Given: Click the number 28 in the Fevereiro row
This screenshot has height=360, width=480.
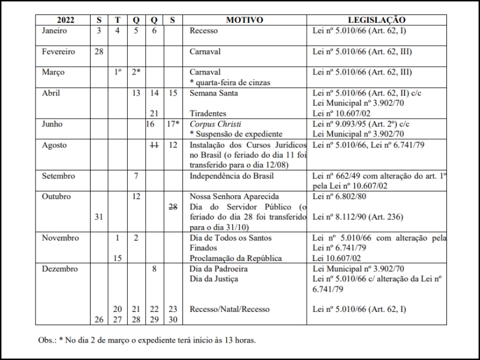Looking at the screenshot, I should click(x=99, y=52).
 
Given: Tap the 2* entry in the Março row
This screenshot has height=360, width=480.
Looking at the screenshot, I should click(x=136, y=72).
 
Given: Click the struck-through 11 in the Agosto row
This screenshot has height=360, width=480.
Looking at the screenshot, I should click(x=154, y=145).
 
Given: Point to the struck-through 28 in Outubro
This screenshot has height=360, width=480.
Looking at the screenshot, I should click(x=172, y=206).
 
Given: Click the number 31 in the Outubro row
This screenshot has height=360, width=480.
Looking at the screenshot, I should click(x=99, y=217).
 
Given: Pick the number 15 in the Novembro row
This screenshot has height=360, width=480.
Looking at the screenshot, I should click(x=118, y=258).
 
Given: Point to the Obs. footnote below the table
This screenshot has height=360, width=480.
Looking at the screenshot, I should click(x=147, y=340).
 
